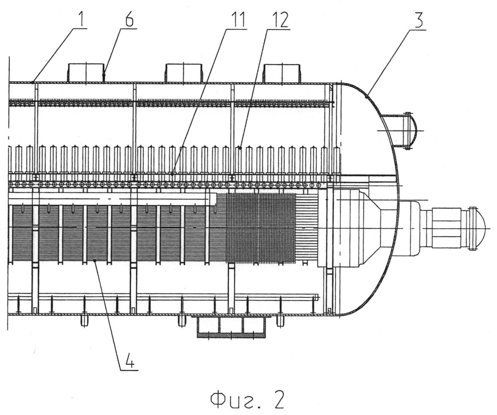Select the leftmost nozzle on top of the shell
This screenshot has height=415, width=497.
pos(86,73)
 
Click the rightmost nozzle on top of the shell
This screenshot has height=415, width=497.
pos(282,73)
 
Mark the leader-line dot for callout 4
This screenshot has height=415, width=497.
pos(95,260)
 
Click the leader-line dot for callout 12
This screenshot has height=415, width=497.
pos(240,148)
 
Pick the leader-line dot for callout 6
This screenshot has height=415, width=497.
pos(104,75)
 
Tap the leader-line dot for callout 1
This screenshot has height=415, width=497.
pos(33,82)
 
